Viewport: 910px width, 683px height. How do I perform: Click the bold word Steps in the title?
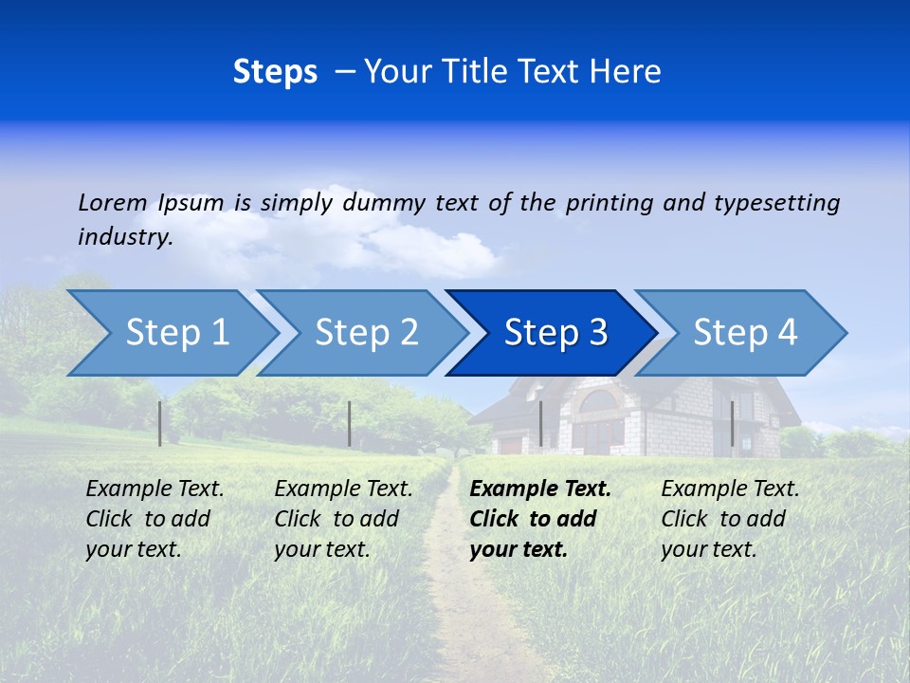click(x=275, y=71)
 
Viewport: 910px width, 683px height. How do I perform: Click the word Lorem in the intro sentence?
click(x=113, y=202)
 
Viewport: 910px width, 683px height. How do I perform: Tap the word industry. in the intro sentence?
click(x=125, y=236)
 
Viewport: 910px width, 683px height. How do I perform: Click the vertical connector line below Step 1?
click(x=160, y=423)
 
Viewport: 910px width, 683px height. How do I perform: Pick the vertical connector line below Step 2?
click(x=350, y=423)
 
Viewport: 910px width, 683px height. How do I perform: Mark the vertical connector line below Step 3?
click(x=540, y=423)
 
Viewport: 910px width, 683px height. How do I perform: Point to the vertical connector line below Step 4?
click(x=732, y=423)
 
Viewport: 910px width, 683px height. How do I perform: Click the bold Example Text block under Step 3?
click(x=540, y=519)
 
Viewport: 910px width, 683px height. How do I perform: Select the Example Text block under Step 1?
click(x=155, y=519)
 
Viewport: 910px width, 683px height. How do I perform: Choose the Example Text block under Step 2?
click(x=343, y=519)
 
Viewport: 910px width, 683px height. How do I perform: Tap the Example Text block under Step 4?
click(x=730, y=519)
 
